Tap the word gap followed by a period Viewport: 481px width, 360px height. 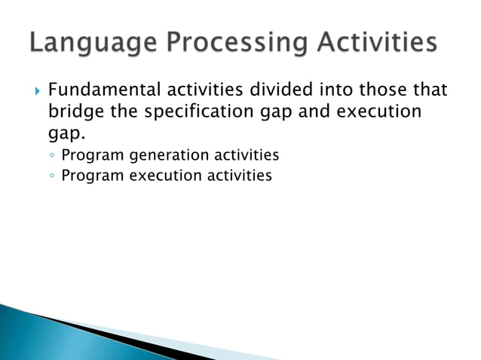(x=66, y=136)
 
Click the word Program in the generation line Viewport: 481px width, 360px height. (x=93, y=156)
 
